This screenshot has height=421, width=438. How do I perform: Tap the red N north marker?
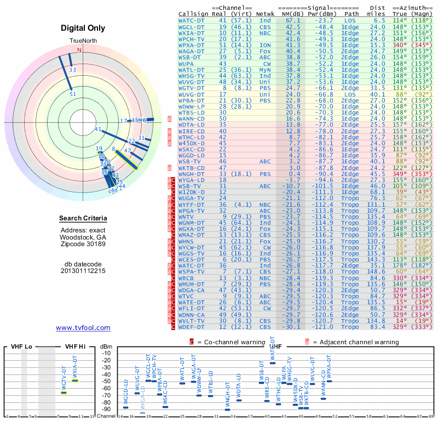click(79, 50)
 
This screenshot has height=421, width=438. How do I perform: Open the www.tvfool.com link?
click(83, 328)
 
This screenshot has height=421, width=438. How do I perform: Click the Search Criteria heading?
click(83, 219)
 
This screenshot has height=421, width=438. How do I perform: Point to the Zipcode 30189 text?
click(83, 244)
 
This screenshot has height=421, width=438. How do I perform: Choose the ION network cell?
click(265, 45)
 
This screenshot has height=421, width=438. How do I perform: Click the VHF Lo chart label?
click(21, 347)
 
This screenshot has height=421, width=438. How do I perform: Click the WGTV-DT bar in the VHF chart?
click(64, 392)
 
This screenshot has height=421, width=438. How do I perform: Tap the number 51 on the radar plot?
click(73, 94)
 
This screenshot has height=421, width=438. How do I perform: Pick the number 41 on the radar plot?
click(98, 129)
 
